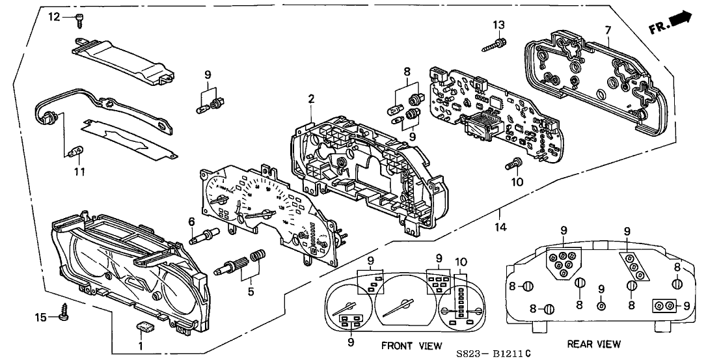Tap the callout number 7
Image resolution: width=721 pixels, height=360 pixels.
607,30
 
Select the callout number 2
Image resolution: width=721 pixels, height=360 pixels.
311,99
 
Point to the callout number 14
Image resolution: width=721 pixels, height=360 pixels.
500,228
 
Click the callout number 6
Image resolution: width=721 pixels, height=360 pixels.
192,222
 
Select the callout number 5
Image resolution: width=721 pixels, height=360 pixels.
250,291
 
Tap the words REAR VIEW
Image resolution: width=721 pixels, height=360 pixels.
593,344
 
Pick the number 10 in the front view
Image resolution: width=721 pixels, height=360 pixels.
462,262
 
